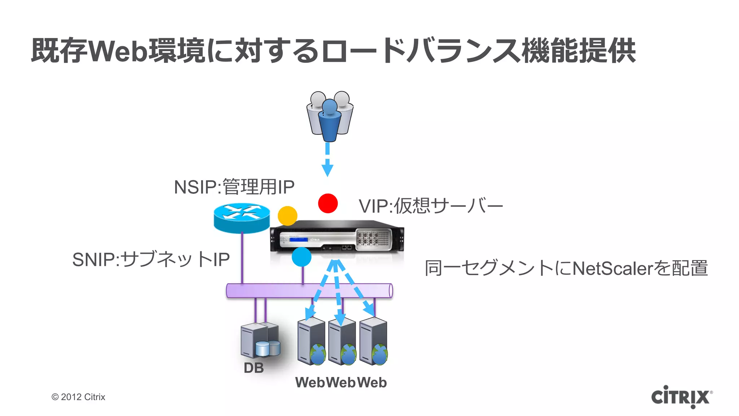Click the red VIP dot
point(328,203)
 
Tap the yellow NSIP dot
point(287,216)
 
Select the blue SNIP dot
point(301,257)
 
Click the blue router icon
point(241,217)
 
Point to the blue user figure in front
point(329,121)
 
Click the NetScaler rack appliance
point(337,238)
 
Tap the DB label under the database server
point(254,368)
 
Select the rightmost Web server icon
point(373,341)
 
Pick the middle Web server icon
point(342,341)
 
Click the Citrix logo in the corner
point(681,397)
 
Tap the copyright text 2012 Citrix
point(78,397)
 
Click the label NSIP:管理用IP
point(234,187)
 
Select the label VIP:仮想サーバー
point(430,206)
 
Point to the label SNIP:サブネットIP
point(151,259)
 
